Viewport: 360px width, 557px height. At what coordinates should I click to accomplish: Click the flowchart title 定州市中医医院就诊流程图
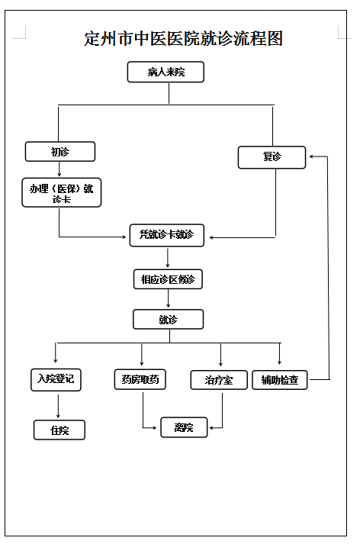coord(183,38)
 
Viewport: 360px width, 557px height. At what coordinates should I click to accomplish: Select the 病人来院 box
coord(166,72)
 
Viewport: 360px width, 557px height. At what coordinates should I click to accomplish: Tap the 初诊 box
coord(60,152)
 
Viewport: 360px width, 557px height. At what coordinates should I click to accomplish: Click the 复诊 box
coord(272,157)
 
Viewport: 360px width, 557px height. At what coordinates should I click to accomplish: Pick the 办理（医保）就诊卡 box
coord(62,192)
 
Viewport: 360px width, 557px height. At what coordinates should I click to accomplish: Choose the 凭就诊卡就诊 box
coord(167,235)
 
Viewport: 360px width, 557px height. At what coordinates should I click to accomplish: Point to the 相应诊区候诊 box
coord(168,279)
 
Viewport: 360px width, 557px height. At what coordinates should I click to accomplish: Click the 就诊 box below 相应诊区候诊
coord(169,320)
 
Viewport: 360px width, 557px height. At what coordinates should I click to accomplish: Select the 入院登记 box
coord(56,380)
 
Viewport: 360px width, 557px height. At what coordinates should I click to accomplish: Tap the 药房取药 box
coord(140,379)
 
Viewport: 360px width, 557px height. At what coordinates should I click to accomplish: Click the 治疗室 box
coord(219,380)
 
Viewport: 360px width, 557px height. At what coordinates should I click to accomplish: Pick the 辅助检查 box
coord(280,380)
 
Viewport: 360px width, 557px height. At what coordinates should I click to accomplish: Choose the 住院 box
coord(59,430)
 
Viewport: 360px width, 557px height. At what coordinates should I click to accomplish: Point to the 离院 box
coord(184,427)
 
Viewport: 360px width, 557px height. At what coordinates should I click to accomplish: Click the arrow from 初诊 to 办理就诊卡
coord(59,169)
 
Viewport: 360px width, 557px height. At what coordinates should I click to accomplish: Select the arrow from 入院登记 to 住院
coord(58,407)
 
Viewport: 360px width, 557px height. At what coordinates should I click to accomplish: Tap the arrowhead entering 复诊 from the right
coord(311,156)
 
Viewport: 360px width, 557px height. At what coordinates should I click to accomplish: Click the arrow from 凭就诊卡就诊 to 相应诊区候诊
coord(168,258)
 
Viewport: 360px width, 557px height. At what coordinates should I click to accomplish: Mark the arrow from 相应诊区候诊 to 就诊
coord(169,299)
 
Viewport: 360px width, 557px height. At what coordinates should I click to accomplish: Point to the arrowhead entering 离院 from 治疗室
coord(211,428)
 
